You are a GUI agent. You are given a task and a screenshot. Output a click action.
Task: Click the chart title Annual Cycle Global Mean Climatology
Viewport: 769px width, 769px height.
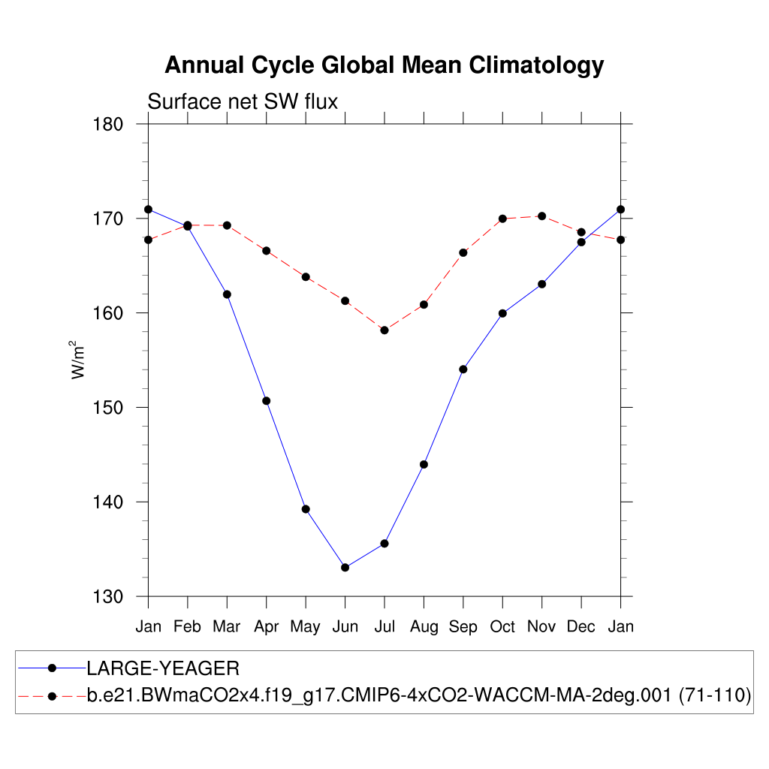tap(384, 65)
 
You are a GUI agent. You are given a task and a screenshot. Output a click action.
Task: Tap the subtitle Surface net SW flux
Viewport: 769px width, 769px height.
tap(243, 101)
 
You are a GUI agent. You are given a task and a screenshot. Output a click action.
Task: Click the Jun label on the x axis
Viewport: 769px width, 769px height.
tap(345, 626)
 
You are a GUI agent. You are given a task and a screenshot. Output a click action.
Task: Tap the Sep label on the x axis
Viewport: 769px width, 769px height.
tap(463, 626)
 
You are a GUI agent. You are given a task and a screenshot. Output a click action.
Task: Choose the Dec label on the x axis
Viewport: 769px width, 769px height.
tap(581, 626)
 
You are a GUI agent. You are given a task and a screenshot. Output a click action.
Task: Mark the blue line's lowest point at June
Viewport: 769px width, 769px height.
tap(345, 567)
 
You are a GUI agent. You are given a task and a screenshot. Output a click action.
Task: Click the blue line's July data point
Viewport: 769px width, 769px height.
tap(384, 543)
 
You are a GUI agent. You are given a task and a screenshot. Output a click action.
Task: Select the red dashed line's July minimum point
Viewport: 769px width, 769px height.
tap(384, 330)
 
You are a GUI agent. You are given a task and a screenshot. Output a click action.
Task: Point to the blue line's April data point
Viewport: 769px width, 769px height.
tap(267, 400)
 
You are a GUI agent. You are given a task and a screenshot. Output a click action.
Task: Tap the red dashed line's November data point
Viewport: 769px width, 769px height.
tap(541, 216)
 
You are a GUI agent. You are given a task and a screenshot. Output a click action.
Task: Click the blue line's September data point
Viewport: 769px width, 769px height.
tap(463, 369)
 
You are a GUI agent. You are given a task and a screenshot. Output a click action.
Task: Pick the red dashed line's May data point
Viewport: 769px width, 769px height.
tap(306, 277)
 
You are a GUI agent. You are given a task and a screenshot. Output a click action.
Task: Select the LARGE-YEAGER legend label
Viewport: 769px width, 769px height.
tap(163, 668)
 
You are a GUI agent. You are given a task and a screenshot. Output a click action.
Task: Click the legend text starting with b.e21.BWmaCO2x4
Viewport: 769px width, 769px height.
tap(419, 695)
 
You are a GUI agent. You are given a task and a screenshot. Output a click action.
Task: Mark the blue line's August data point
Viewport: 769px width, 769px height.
tap(424, 464)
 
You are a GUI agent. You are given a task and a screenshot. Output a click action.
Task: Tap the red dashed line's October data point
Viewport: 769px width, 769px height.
tap(502, 219)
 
